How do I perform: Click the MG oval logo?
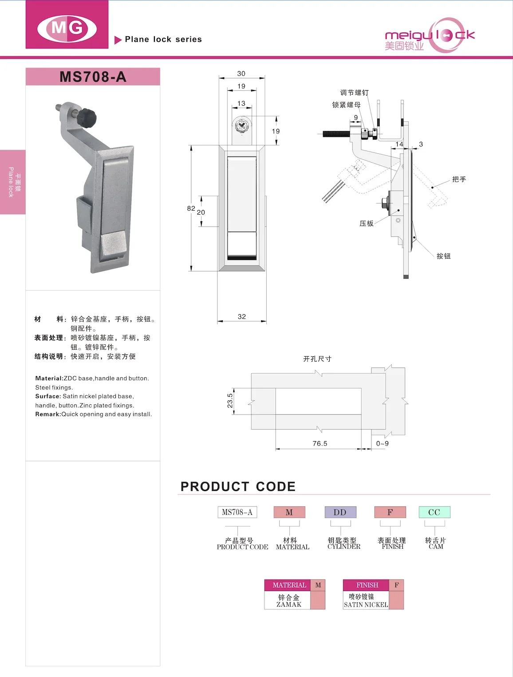pyautogui.click(x=67, y=29)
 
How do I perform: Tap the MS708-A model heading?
pyautogui.click(x=93, y=77)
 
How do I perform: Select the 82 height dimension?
pyautogui.click(x=191, y=208)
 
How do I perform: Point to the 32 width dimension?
pyautogui.click(x=241, y=317)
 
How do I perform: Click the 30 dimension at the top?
pyautogui.click(x=241, y=74)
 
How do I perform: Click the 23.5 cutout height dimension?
pyautogui.click(x=230, y=401)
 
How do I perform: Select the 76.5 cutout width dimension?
pyautogui.click(x=320, y=443)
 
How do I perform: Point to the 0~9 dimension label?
pyautogui.click(x=382, y=443)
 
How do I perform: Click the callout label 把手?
pyautogui.click(x=459, y=179)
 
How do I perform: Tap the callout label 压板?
pyautogui.click(x=366, y=223)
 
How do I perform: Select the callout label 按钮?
pyautogui.click(x=443, y=256)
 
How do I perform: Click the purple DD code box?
pyautogui.click(x=340, y=512)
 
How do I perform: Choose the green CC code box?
pyautogui.click(x=434, y=512)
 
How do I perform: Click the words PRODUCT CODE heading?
pyautogui.click(x=238, y=486)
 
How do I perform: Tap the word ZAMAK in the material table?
pyautogui.click(x=289, y=605)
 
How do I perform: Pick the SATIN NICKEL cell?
pyautogui.click(x=366, y=605)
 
